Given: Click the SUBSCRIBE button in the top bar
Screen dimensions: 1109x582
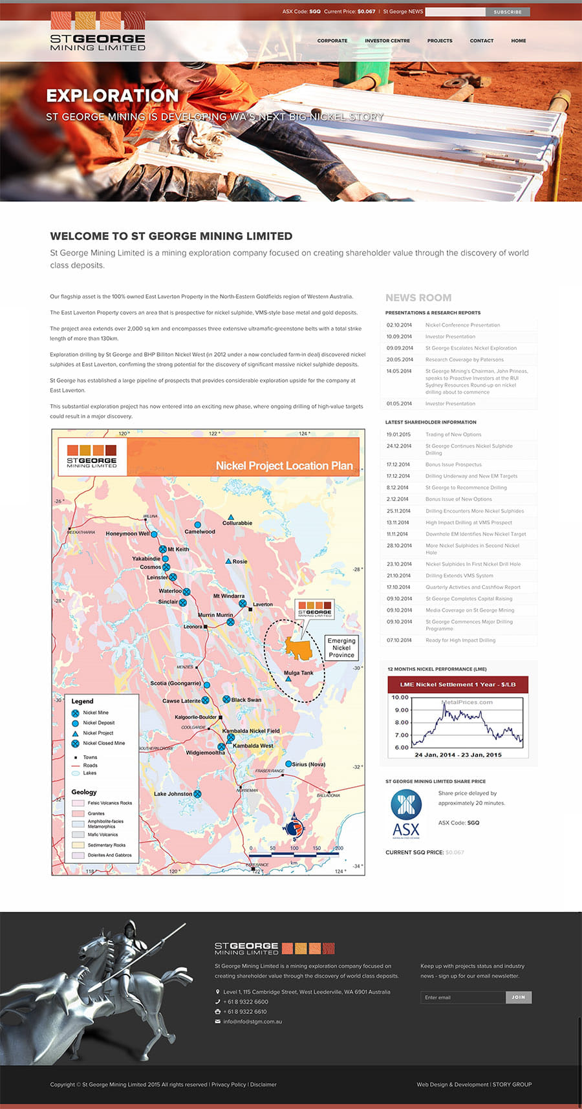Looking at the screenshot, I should click(508, 12).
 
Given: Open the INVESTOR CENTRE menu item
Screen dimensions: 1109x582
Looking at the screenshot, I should click(387, 41).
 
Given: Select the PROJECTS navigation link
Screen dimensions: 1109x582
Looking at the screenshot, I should click(440, 41).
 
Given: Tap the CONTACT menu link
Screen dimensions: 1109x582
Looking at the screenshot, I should click(481, 41).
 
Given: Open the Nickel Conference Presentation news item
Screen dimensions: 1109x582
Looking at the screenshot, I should click(462, 325).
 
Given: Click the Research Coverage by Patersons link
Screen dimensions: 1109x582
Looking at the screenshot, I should click(464, 360).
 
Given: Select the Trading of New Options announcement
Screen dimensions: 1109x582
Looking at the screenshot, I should click(453, 435).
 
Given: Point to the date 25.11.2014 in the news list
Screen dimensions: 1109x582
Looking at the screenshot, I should click(398, 511).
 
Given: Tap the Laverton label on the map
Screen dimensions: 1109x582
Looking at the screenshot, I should click(263, 605).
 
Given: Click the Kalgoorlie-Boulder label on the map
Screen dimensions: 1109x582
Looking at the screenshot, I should click(196, 717).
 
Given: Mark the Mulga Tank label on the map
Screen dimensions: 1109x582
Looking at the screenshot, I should click(298, 673).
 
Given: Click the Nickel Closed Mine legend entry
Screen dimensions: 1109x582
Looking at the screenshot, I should click(103, 743).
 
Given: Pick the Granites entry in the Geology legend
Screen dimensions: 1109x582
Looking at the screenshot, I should click(96, 813).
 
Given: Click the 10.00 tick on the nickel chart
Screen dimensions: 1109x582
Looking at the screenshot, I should click(400, 698).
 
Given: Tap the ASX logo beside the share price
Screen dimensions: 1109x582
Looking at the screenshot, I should click(406, 814).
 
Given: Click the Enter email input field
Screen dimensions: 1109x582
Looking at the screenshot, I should click(462, 997).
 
